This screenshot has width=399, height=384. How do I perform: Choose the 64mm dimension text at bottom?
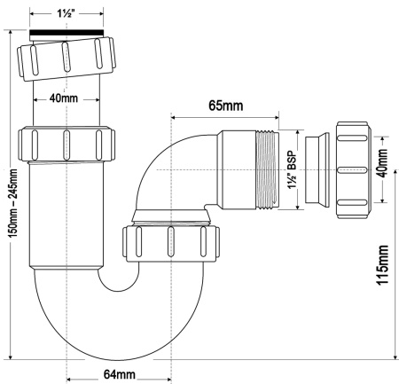[x=120, y=375]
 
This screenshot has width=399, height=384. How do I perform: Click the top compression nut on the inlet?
[x=66, y=61]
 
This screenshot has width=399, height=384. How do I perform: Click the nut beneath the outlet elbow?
[x=168, y=239]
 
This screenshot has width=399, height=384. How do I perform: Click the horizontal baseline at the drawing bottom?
[x=199, y=359]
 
